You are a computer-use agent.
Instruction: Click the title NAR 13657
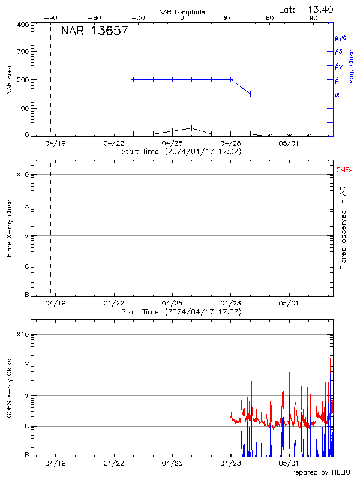94,31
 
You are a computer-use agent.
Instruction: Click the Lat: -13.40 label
307,9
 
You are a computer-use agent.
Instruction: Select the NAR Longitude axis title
182,12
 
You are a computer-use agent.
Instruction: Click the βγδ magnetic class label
340,37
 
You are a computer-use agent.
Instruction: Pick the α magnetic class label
337,94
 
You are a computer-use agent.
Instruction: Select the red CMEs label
344,170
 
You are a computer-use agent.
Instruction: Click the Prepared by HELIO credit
318,473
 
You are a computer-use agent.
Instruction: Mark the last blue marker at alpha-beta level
250,94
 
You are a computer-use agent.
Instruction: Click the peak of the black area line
191,128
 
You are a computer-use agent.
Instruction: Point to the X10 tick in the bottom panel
22,334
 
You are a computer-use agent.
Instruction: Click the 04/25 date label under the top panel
172,144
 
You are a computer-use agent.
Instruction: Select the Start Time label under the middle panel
181,312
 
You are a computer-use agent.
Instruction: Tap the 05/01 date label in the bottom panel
289,463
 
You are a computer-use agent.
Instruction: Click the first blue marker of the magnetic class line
133,79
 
